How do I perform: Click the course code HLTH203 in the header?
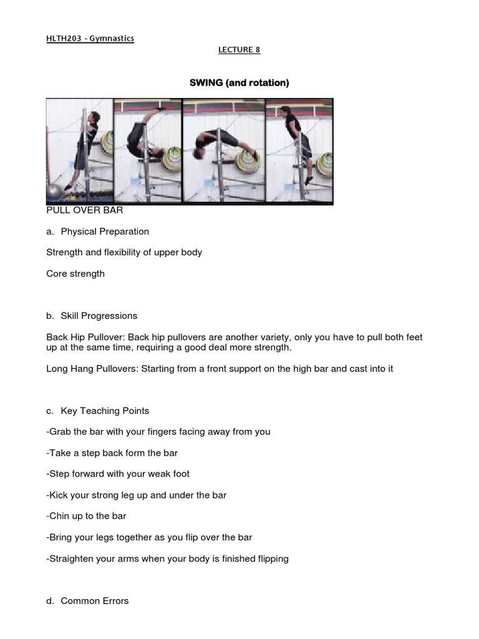[x=64, y=39]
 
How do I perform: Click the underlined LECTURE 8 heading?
[x=239, y=50]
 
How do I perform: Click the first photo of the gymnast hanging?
[x=79, y=150]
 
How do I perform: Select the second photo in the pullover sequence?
[x=148, y=150]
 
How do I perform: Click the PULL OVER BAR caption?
[x=84, y=210]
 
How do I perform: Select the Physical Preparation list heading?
[x=105, y=232]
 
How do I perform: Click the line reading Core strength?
[x=75, y=273]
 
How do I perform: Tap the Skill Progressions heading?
[x=99, y=316]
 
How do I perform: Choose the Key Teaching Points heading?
[x=105, y=411]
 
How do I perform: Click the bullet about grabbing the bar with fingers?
[x=158, y=432]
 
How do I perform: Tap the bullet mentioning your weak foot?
[x=118, y=474]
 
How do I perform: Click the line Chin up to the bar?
[x=86, y=516]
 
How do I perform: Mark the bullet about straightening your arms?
[x=167, y=559]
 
